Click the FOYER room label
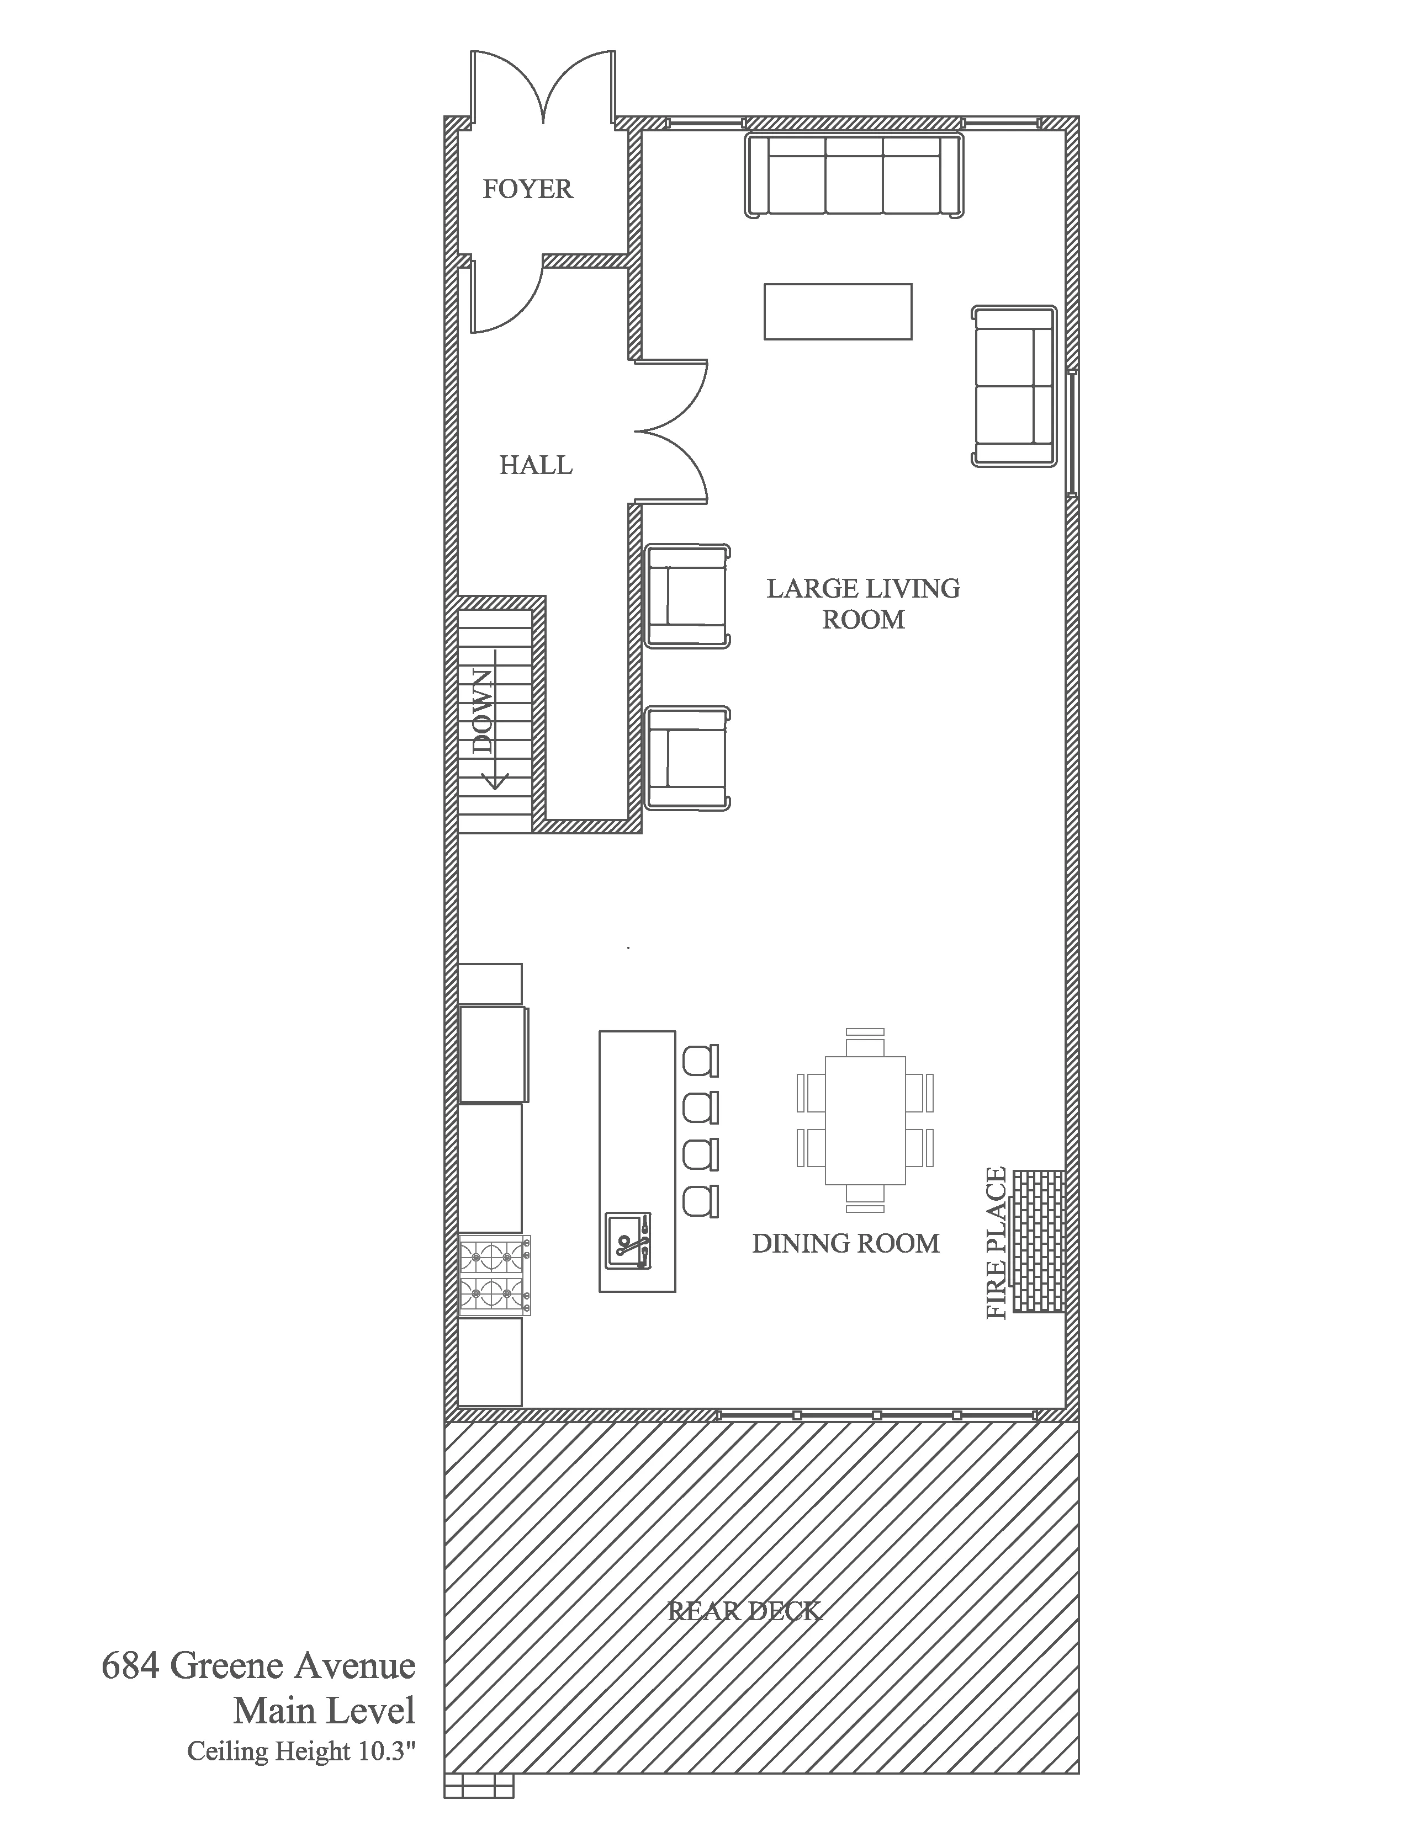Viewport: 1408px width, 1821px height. pyautogui.click(x=528, y=189)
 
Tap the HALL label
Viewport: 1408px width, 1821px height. pyautogui.click(x=536, y=465)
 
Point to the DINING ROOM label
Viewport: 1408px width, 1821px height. pyautogui.click(x=845, y=1243)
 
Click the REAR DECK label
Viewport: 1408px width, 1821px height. pyautogui.click(x=745, y=1611)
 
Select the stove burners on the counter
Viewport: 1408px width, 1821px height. pyautogui.click(x=494, y=1276)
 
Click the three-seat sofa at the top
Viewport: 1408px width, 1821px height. pyautogui.click(x=854, y=176)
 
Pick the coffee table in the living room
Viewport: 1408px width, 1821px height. pyautogui.click(x=838, y=311)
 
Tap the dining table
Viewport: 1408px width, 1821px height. pyautogui.click(x=865, y=1120)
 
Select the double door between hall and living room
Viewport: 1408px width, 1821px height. pyautogui.click(x=671, y=432)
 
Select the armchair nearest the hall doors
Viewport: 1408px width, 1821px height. pyautogui.click(x=687, y=595)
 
